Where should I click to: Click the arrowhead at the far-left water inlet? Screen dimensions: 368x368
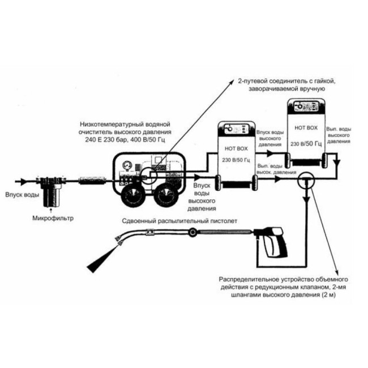tap(23, 181)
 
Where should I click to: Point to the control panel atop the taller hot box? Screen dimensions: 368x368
tap(306, 106)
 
